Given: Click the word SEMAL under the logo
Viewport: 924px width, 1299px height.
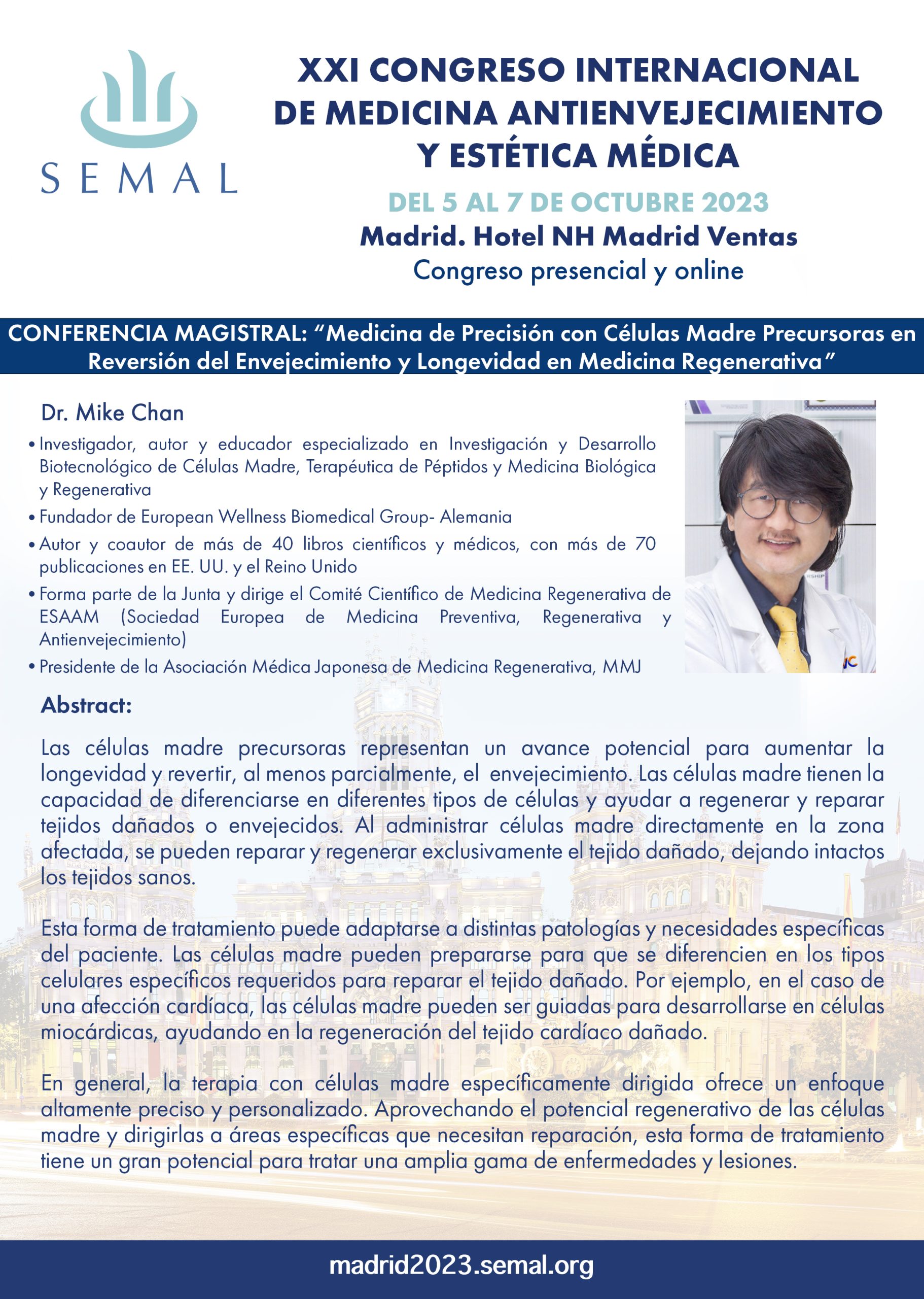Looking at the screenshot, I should pos(139,178).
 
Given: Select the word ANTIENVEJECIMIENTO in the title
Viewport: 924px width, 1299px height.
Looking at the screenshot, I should pos(695,113).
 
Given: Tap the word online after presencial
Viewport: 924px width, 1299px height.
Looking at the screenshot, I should pos(709,270).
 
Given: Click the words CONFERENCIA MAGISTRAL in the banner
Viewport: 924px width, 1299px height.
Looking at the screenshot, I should pos(158,333).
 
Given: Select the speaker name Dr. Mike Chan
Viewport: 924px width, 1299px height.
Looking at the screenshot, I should pos(112,413).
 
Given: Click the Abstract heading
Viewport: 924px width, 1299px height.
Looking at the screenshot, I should pos(86,705).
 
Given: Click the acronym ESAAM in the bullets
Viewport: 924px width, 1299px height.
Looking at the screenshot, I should pos(69,617).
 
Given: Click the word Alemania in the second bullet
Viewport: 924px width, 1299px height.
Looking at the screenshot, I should pos(476,517).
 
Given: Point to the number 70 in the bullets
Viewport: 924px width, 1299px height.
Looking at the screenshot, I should pos(645,544).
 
